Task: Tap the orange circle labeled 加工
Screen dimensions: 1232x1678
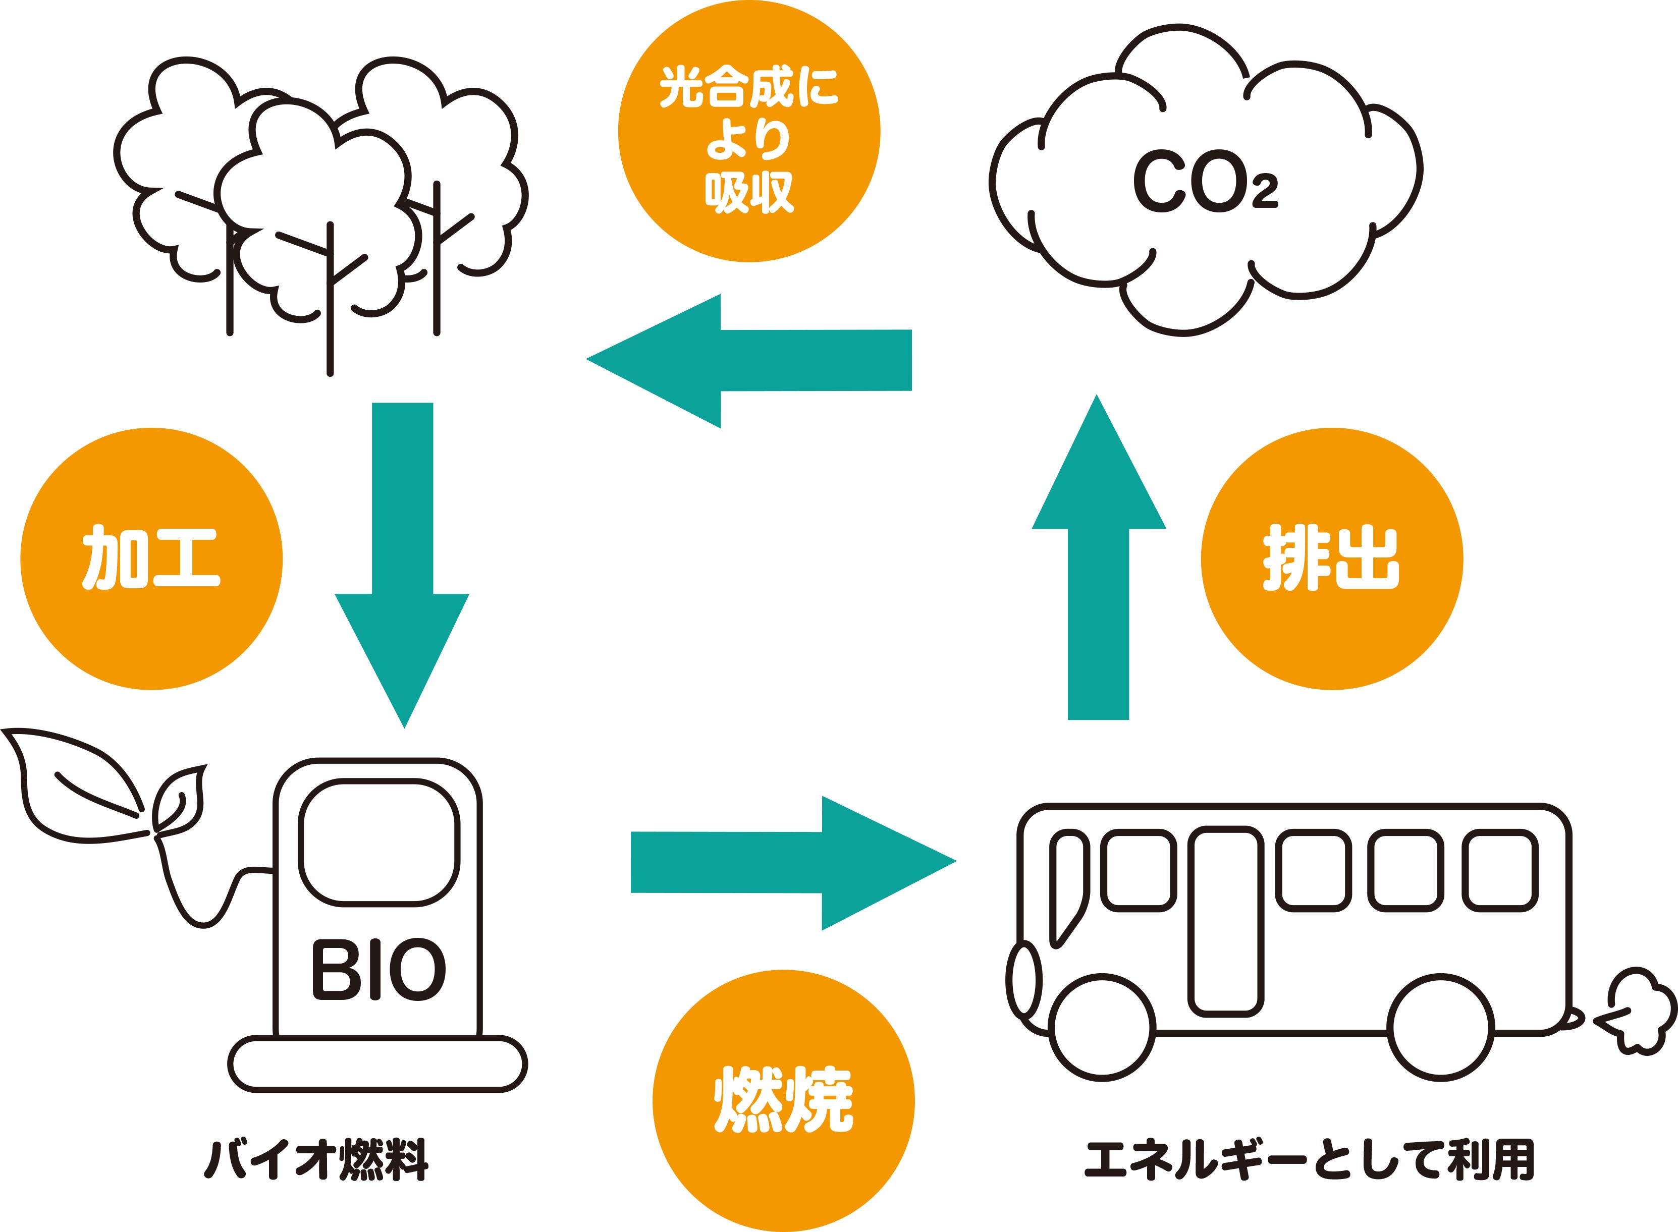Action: pos(151,558)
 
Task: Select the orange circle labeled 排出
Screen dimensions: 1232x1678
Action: pos(1331,558)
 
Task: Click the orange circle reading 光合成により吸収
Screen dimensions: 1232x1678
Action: pos(749,131)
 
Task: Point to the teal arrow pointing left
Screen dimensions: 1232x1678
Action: pos(746,361)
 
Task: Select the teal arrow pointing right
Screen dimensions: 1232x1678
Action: pos(790,863)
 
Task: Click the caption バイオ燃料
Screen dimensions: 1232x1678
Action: pos(316,1160)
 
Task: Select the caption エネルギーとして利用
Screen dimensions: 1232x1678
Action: pos(1309,1160)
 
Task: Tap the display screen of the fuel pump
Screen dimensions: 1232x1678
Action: pos(379,843)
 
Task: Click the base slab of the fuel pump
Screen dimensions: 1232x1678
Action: pos(377,1064)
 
